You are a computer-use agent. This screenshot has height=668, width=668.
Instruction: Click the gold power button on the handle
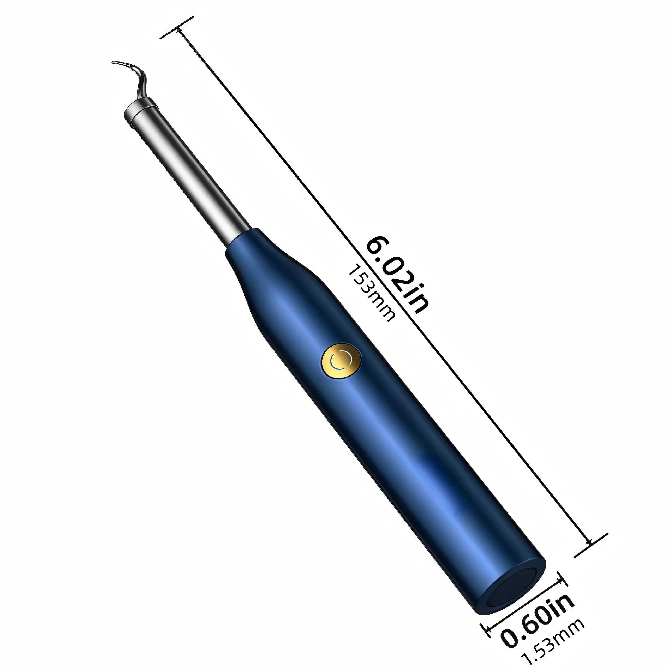pyautogui.click(x=341, y=361)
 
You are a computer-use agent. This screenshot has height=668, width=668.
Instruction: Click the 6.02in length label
pyautogui.click(x=398, y=275)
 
